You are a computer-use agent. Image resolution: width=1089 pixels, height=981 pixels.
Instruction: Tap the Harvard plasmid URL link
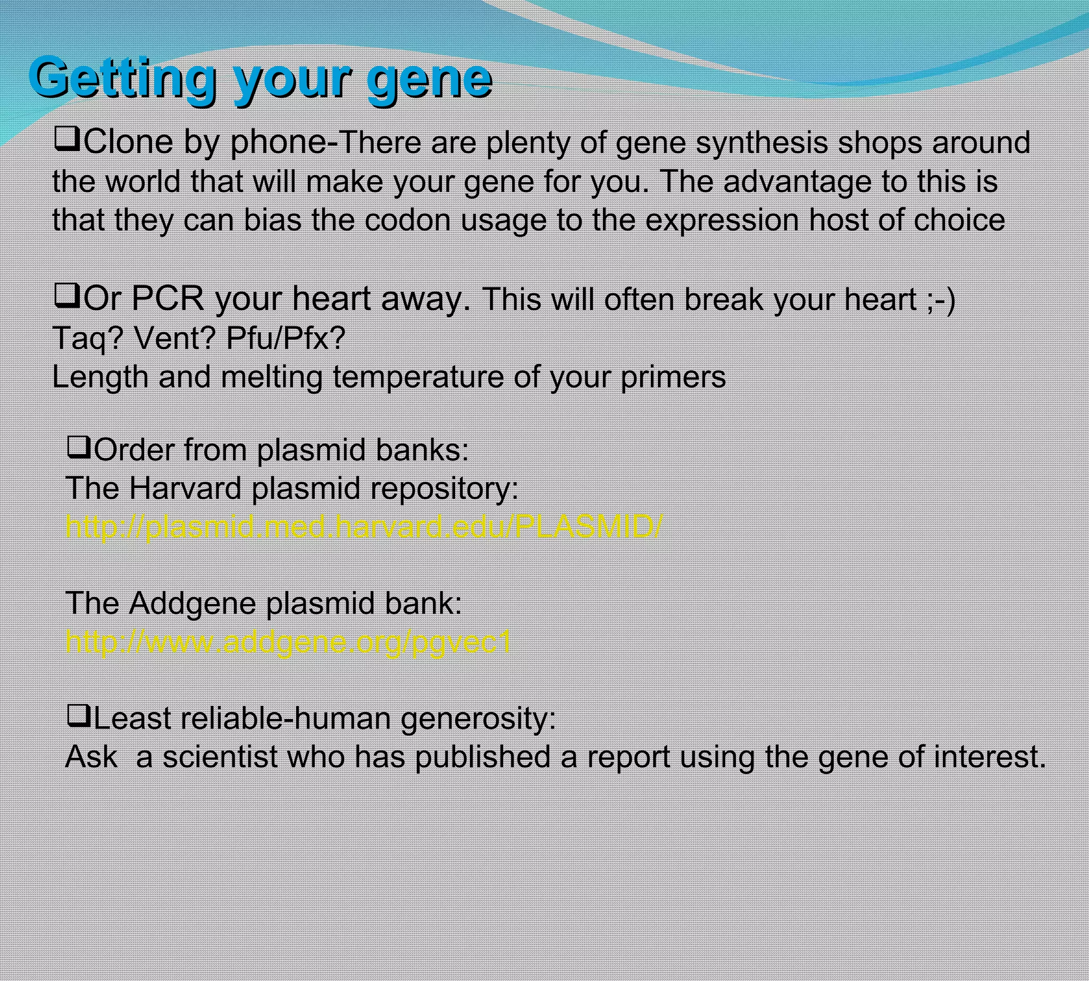click(x=364, y=526)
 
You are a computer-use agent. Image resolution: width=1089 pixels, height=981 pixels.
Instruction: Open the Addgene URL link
click(x=288, y=641)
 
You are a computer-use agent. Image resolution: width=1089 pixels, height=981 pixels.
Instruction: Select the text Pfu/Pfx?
click(x=286, y=338)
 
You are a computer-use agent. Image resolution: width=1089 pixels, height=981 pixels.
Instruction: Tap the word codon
click(x=407, y=220)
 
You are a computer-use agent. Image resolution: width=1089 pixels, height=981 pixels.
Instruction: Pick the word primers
click(x=673, y=377)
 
